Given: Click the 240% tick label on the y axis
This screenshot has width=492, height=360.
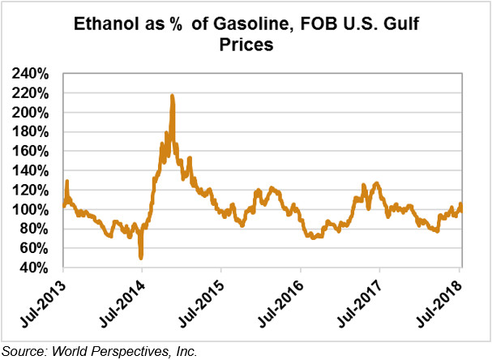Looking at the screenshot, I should pos(30,74).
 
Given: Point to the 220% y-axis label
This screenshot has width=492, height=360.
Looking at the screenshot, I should pos(30,93).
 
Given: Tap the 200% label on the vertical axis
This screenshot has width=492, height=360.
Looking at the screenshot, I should pos(30,113).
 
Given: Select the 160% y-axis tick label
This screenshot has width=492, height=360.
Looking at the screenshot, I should pos(30,152).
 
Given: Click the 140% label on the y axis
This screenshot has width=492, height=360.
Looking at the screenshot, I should pos(30,171).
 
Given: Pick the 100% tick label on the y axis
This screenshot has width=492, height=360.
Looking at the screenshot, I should pos(30,210).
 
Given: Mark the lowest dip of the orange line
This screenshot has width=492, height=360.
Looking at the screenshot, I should pos(141,258).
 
